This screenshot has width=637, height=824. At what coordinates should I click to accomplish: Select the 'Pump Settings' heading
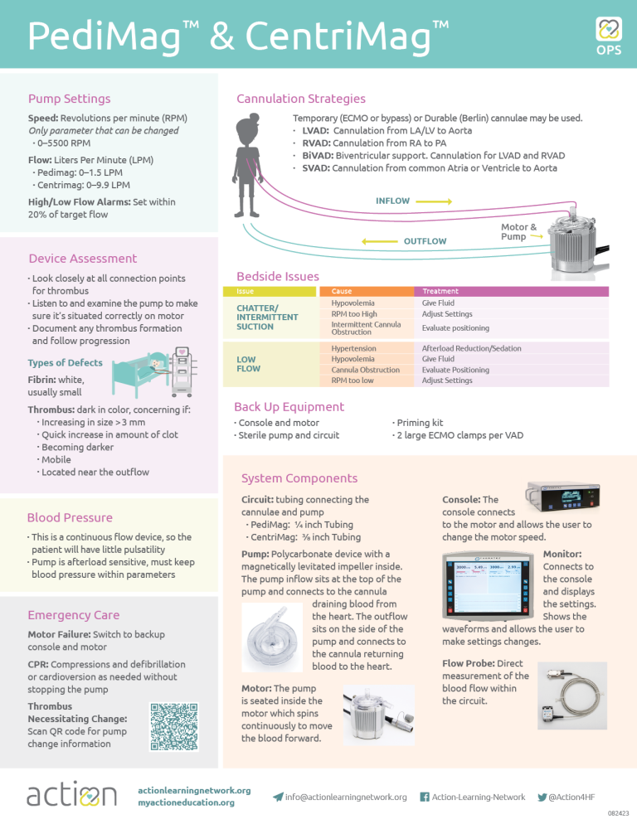click(69, 99)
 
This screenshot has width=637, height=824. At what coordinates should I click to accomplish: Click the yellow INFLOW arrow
click(433, 201)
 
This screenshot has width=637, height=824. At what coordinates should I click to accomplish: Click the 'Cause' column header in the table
click(341, 291)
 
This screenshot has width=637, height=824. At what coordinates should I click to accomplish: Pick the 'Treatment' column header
click(440, 291)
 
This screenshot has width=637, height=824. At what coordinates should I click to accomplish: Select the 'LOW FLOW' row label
click(249, 364)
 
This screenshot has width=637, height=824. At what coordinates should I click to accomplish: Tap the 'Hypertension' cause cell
click(353, 348)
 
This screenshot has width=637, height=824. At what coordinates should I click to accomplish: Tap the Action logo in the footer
click(72, 795)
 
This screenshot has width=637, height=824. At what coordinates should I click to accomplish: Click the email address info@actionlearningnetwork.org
click(346, 797)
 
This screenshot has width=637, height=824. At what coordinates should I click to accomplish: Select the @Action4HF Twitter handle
click(571, 797)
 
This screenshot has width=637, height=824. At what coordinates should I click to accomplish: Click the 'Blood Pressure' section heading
click(70, 517)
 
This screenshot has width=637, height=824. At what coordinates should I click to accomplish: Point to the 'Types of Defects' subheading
click(65, 363)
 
